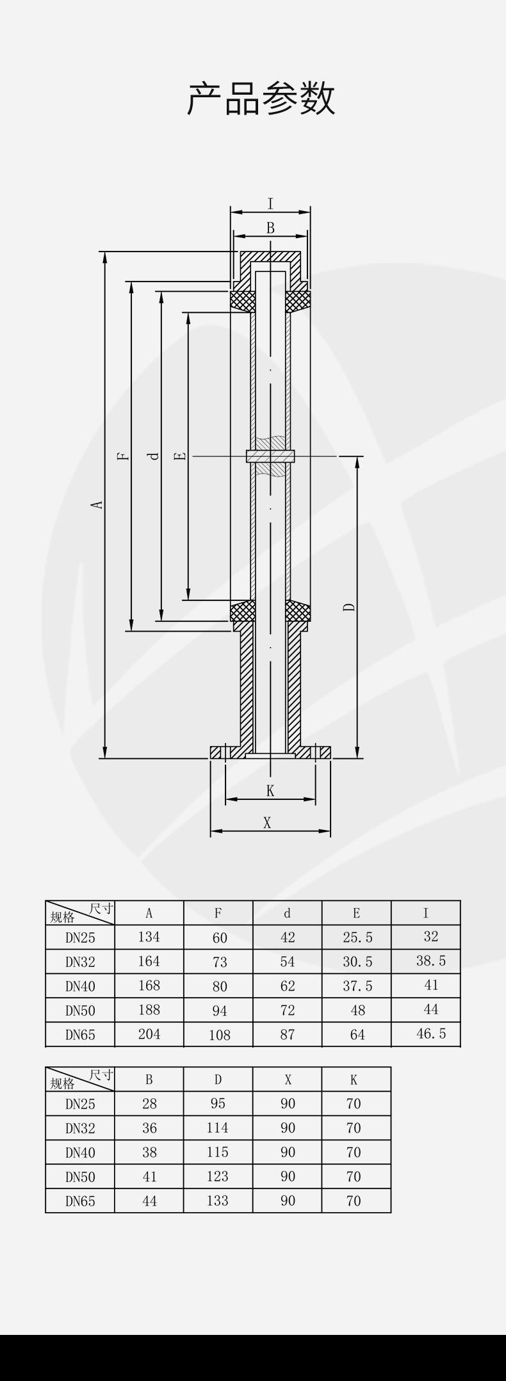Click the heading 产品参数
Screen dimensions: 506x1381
[261, 98]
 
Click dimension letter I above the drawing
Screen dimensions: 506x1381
[270, 204]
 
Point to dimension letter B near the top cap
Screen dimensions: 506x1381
[270, 228]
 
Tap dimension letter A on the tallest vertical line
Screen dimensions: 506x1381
[97, 504]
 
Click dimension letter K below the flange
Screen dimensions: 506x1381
[270, 791]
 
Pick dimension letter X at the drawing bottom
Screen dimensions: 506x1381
[267, 823]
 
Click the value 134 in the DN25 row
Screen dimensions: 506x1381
[149, 937]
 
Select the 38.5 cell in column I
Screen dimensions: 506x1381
[431, 961]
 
